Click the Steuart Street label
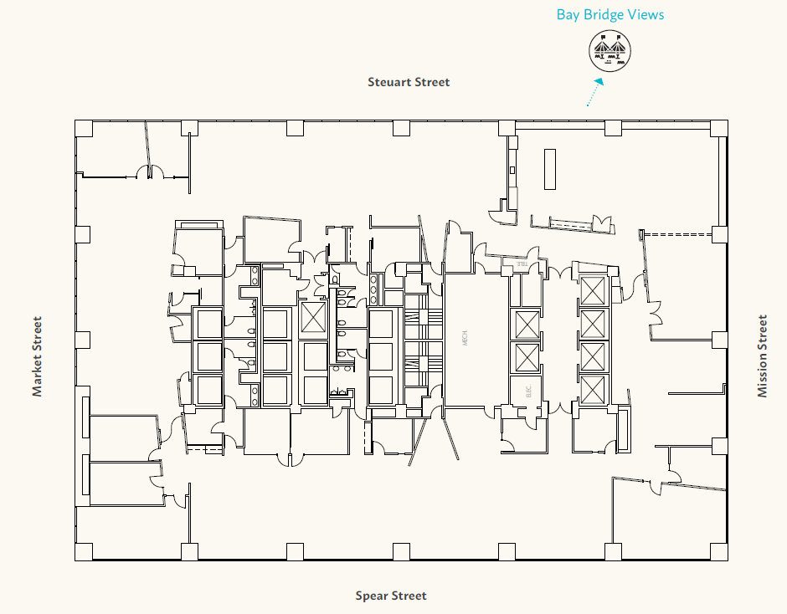click(409, 82)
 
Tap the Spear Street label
click(391, 596)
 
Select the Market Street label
click(37, 356)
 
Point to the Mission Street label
click(762, 356)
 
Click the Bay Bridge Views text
click(610, 14)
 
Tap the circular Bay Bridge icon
click(609, 51)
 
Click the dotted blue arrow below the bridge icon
click(594, 93)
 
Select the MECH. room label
click(466, 339)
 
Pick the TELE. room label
click(521, 264)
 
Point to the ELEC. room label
click(528, 391)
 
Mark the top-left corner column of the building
click(83, 128)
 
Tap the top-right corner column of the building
click(719, 128)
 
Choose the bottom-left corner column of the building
click(83, 551)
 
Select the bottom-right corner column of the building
click(719, 551)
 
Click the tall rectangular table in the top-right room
click(549, 170)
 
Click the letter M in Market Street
click(37, 390)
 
